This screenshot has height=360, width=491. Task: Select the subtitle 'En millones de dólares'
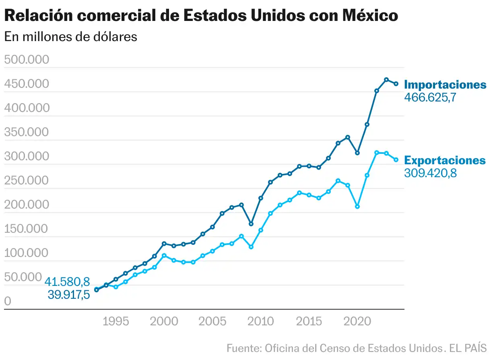tap(71, 37)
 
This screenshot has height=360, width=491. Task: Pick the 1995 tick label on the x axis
tap(116, 321)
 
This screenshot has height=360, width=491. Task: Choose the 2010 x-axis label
tap(260, 321)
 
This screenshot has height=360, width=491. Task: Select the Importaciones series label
tap(445, 85)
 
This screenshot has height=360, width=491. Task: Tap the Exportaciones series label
tap(445, 160)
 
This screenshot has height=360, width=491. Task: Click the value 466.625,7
tap(430, 97)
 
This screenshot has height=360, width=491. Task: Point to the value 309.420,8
tap(430, 173)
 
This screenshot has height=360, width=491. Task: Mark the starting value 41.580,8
tap(67, 282)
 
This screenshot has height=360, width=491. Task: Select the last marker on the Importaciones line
tap(396, 84)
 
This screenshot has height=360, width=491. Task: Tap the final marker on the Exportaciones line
tap(396, 160)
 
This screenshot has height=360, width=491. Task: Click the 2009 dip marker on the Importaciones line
tap(251, 224)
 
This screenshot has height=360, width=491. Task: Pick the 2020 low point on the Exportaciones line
tap(357, 207)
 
